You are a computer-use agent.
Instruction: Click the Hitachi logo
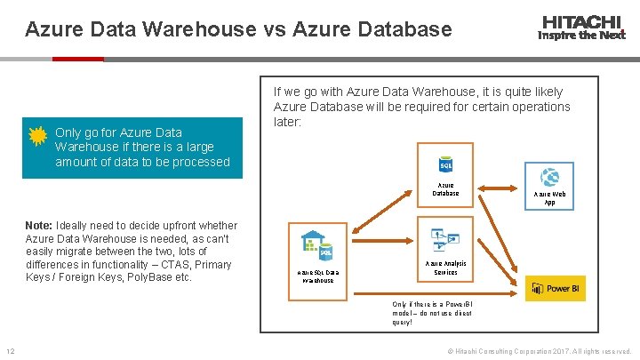pyautogui.click(x=581, y=28)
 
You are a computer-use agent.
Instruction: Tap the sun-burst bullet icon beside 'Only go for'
pyautogui.click(x=38, y=135)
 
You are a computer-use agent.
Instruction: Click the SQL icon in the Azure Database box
pyautogui.click(x=446, y=166)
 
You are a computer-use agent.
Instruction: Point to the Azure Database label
pyautogui.click(x=446, y=189)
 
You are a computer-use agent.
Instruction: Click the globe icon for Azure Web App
pyautogui.click(x=548, y=175)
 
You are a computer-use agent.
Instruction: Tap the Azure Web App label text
pyautogui.click(x=548, y=197)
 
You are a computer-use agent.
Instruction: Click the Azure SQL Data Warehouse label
pyautogui.click(x=316, y=276)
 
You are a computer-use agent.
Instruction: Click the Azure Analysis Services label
pyautogui.click(x=445, y=268)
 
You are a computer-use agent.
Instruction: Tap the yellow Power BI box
pyautogui.click(x=554, y=288)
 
